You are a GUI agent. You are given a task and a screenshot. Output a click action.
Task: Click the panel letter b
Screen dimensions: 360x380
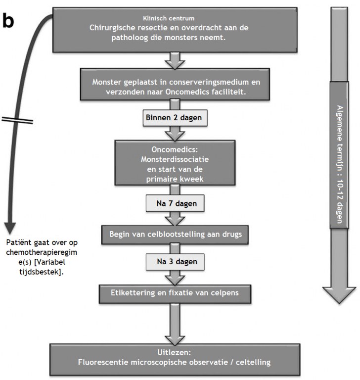click(8, 21)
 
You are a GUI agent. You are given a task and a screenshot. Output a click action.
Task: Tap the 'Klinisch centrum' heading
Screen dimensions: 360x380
click(169, 18)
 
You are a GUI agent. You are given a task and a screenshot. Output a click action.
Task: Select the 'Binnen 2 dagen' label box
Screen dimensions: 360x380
click(175, 118)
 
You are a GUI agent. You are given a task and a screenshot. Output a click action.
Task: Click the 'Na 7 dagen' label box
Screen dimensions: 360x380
click(175, 203)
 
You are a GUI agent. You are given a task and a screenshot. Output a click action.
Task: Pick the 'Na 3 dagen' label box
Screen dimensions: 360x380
click(175, 262)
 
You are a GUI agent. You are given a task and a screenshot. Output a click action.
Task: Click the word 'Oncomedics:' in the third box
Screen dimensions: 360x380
click(175, 149)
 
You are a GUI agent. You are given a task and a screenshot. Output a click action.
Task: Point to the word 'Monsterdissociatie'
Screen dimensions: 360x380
click(175, 159)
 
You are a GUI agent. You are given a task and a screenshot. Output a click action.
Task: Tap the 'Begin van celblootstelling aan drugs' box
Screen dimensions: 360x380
click(175, 235)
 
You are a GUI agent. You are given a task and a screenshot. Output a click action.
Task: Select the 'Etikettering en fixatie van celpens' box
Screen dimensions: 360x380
click(175, 294)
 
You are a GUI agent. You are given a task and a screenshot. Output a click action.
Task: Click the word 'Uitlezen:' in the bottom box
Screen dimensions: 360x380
click(174, 352)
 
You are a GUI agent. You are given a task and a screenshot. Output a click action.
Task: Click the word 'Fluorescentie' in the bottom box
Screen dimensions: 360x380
click(103, 362)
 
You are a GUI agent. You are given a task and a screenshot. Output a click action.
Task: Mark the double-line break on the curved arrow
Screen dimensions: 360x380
click(17, 120)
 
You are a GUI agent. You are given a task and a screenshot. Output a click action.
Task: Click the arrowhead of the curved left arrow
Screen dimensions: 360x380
click(10, 228)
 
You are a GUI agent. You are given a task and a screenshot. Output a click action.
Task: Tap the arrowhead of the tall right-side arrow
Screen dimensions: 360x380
click(339, 295)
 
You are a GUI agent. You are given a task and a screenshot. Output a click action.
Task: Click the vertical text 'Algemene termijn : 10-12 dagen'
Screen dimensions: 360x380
click(340, 164)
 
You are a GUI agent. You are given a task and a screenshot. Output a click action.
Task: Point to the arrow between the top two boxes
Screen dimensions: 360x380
click(175, 61)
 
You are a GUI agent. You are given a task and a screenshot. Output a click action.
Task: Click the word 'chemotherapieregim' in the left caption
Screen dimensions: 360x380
click(42, 252)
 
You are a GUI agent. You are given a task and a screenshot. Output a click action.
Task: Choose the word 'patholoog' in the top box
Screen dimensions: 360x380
click(130, 38)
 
